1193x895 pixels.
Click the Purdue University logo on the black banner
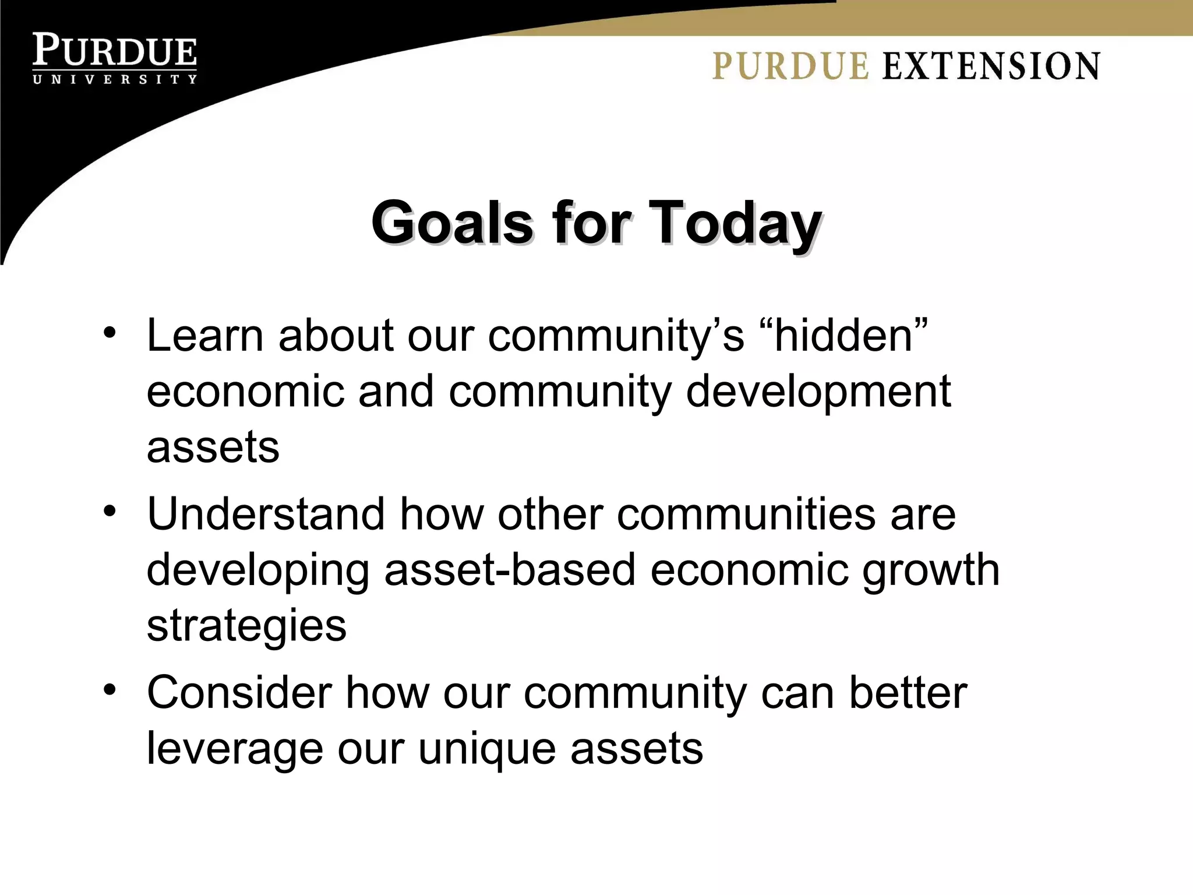click(115, 58)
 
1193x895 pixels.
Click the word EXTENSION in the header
click(991, 66)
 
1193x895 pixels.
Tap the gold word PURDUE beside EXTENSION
click(790, 66)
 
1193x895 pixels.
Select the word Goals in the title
click(452, 223)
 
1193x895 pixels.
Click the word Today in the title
click(735, 223)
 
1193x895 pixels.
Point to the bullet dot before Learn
click(110, 333)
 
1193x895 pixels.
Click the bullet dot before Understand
click(110, 511)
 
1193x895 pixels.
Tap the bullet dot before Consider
click(110, 689)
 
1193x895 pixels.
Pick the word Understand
click(266, 514)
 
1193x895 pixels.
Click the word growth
click(930, 571)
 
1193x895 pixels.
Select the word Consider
click(239, 692)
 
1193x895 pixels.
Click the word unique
click(487, 749)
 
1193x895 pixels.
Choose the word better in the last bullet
click(908, 692)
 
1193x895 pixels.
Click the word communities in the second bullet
click(746, 514)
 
